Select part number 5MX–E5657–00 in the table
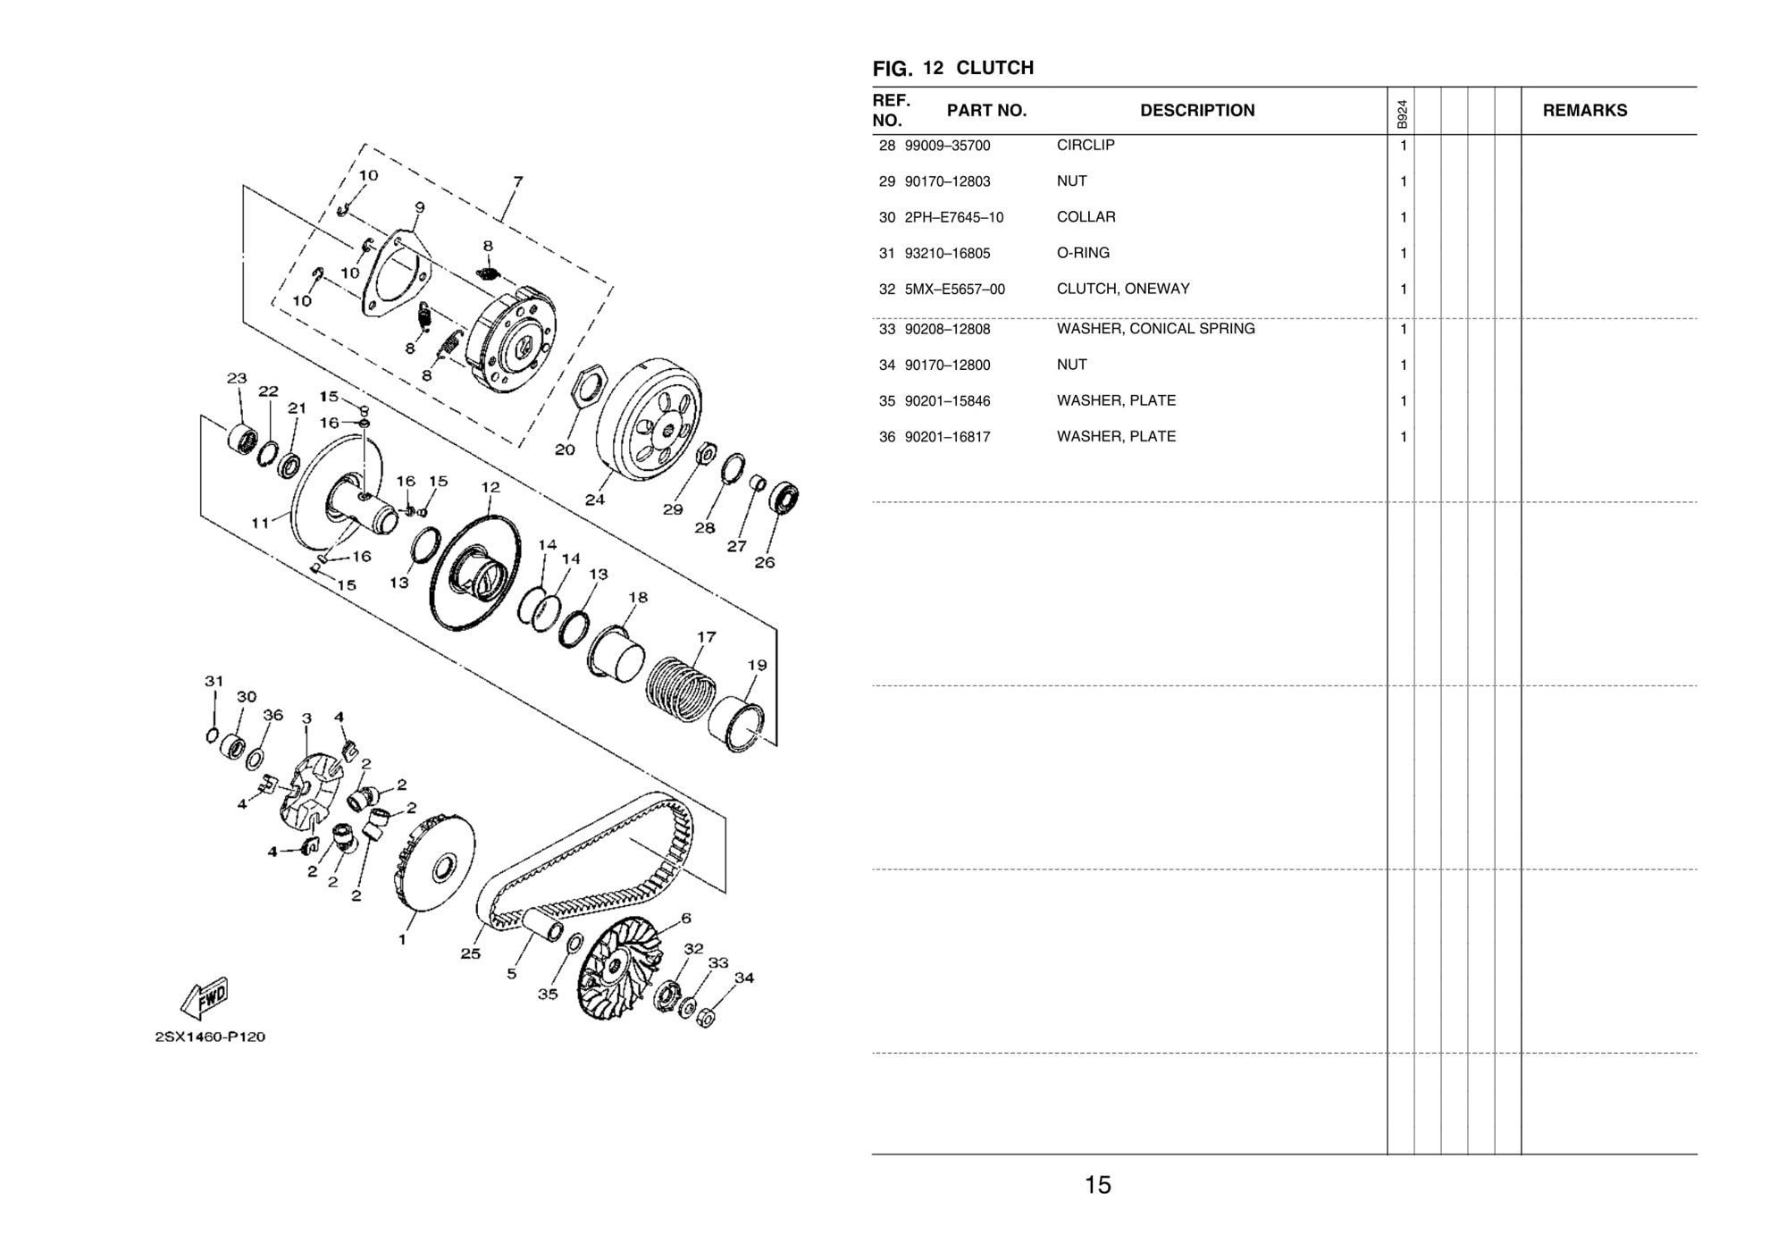tap(954, 290)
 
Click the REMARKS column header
tap(1584, 111)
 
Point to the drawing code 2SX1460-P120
tap(210, 1037)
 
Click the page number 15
tap(1097, 1185)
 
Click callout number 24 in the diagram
tap(594, 500)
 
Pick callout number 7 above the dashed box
tap(517, 181)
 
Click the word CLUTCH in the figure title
tap(994, 68)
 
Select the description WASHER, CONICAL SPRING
tap(1155, 329)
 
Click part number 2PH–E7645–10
tap(953, 217)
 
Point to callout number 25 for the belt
tap(470, 953)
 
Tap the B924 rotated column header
tap(1401, 113)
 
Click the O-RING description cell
tap(1083, 253)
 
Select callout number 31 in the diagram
tap(214, 681)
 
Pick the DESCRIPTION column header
tap(1196, 111)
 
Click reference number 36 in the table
tap(886, 437)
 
